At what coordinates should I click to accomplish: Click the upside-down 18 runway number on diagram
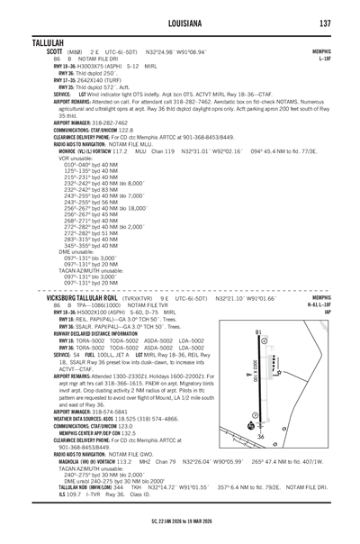coord(259,331)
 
